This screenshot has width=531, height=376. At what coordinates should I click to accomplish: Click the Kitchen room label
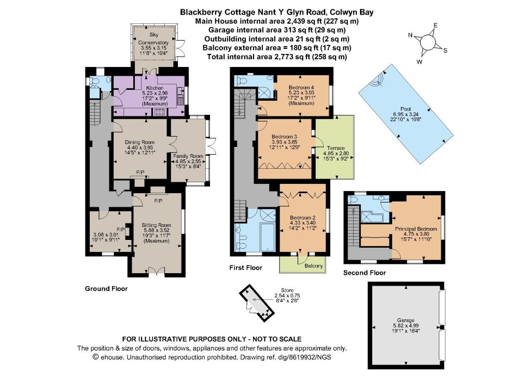(x=155, y=88)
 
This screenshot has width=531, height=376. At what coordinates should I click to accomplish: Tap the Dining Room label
(x=139, y=142)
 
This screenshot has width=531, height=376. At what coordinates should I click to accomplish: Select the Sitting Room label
(x=156, y=225)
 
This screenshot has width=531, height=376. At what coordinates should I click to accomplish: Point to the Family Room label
(x=188, y=156)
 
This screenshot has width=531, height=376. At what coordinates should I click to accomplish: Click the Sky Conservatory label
(x=153, y=38)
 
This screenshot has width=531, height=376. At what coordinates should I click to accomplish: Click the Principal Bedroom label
(x=416, y=229)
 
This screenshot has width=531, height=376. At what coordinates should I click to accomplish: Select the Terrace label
(x=336, y=148)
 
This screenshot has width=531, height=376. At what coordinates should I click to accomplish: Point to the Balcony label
(x=314, y=266)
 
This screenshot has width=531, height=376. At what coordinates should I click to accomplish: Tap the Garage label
(x=406, y=320)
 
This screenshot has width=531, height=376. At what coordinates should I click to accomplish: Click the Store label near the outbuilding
(x=287, y=290)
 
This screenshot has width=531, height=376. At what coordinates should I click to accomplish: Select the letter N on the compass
(x=411, y=35)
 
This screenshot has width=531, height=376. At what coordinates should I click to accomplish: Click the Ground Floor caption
(x=106, y=289)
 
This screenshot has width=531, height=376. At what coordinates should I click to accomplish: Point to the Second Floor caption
(x=365, y=273)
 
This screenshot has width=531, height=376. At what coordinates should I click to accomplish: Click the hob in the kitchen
(x=160, y=112)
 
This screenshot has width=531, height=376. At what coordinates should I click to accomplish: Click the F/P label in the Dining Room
(x=140, y=173)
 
